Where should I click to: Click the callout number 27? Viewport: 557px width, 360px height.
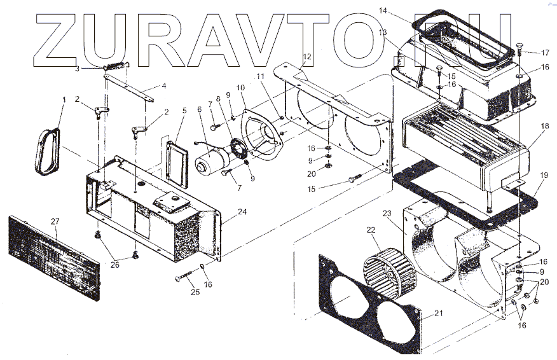coord(55,221)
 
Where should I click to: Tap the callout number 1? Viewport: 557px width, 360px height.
coord(64,100)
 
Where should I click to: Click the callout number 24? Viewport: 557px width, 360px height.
coord(224,213)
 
